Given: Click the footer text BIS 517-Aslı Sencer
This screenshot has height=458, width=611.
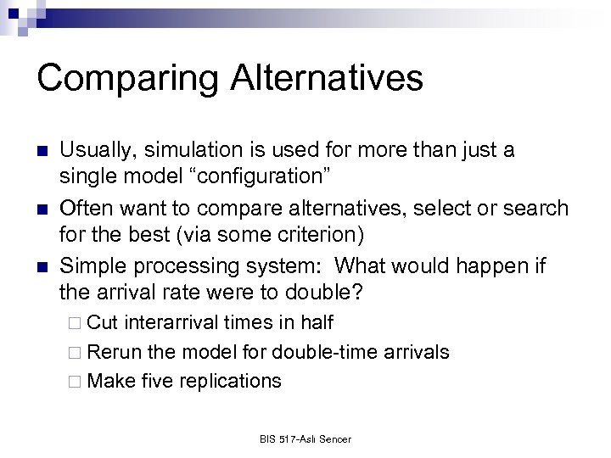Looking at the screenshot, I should (305, 439).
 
